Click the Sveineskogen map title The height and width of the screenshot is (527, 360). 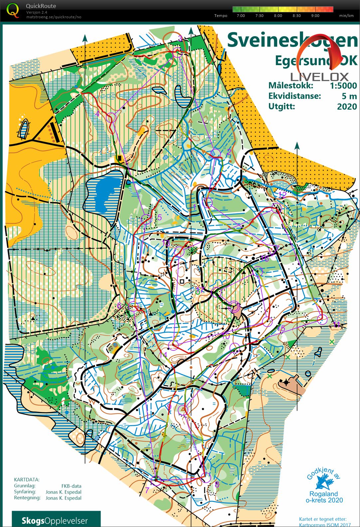tap(292, 40)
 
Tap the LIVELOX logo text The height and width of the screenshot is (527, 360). tap(319, 77)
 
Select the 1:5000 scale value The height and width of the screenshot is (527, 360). tap(343, 85)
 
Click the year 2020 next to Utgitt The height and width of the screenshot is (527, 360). tap(347, 106)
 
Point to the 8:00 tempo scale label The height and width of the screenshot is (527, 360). tap(278, 16)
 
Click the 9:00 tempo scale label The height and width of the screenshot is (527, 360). tap(315, 16)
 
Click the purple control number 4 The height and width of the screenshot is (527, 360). tap(97, 114)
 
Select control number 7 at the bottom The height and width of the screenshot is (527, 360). tap(147, 490)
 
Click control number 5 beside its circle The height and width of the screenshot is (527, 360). tap(159, 217)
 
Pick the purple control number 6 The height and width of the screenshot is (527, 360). tap(119, 305)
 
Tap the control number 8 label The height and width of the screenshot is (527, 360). tap(217, 484)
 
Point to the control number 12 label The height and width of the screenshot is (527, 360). tap(282, 194)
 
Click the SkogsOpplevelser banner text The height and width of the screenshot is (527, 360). tap(55, 520)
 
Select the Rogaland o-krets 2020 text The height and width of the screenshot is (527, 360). tap(324, 497)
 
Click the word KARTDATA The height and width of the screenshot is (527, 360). tap(27, 479)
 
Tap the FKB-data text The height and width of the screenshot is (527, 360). tap(71, 486)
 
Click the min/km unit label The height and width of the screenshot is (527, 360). tap(346, 16)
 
